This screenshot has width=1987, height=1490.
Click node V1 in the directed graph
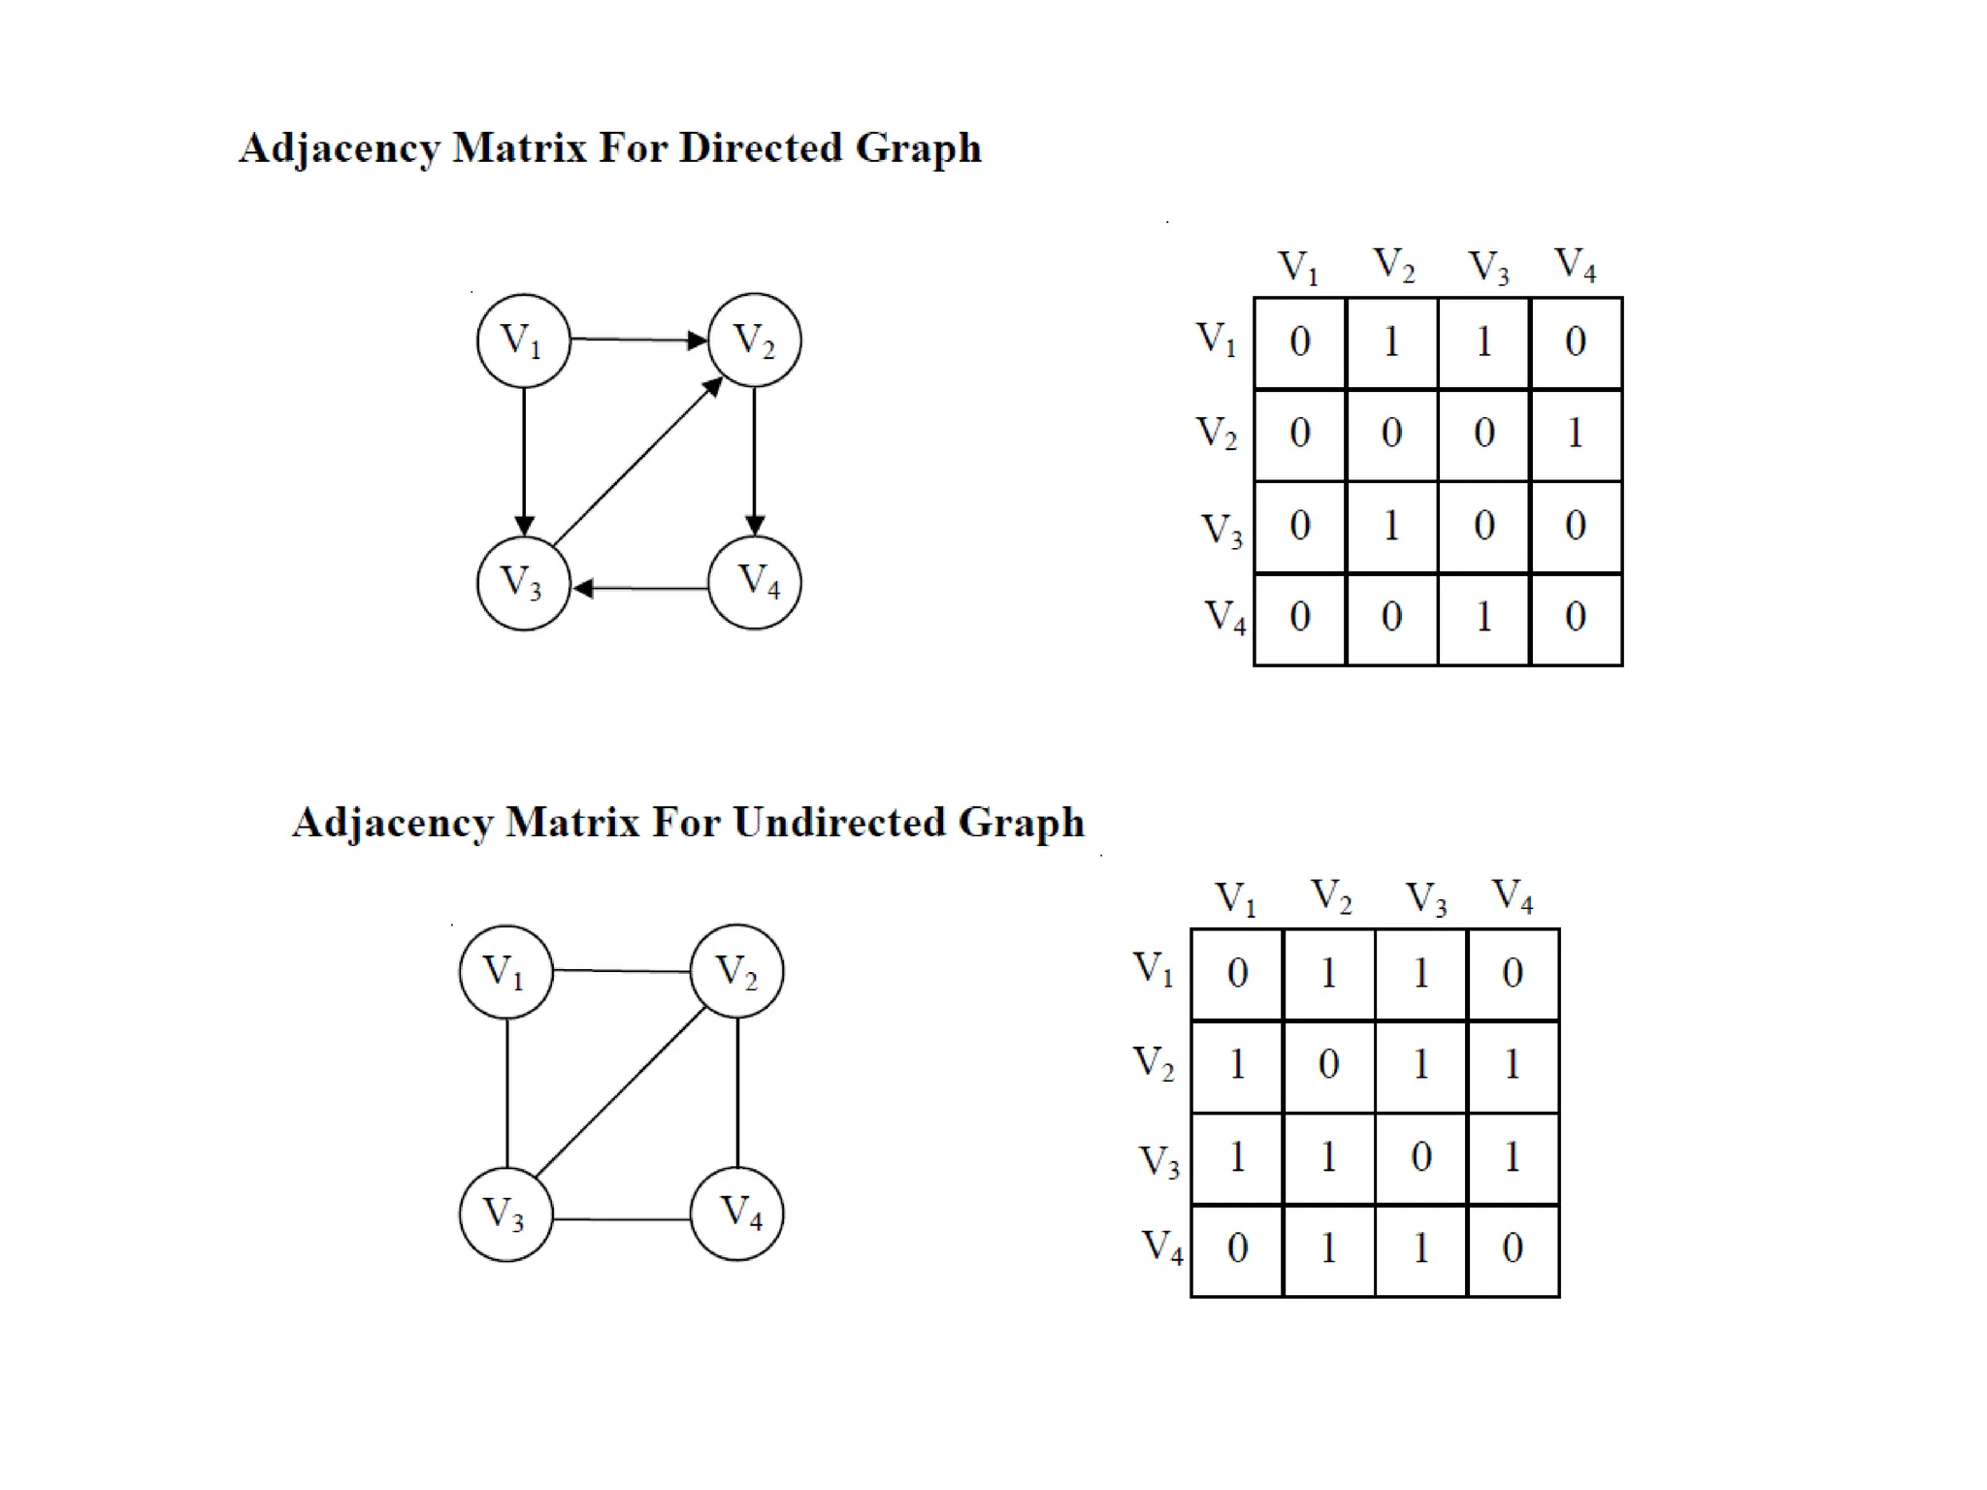[x=524, y=340]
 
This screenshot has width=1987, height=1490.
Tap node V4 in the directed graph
[x=755, y=582]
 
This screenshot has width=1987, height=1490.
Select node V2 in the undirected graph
[x=736, y=971]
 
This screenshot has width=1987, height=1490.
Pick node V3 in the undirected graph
[x=505, y=1214]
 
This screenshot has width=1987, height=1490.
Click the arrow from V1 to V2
[x=636, y=340]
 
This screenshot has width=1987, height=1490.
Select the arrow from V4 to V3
[x=640, y=588]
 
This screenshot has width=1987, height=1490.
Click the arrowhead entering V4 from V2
[x=755, y=525]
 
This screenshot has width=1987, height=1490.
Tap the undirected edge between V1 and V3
[x=507, y=1092]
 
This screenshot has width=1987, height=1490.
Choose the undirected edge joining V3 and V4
[x=621, y=1218]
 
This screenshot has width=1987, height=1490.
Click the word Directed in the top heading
[x=760, y=148]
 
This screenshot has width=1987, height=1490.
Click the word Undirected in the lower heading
[x=838, y=823]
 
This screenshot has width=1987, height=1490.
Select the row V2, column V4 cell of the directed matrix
[x=1576, y=434]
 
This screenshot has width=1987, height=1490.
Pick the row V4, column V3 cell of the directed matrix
[x=1483, y=618]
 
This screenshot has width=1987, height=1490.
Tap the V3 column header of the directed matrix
[x=1488, y=267]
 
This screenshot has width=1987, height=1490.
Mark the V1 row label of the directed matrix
[x=1216, y=340]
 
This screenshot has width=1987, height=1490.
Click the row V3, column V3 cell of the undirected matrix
[x=1420, y=1157]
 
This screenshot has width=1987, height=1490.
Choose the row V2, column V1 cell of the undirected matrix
[x=1237, y=1065]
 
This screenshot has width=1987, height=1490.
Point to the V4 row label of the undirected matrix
[x=1162, y=1247]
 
